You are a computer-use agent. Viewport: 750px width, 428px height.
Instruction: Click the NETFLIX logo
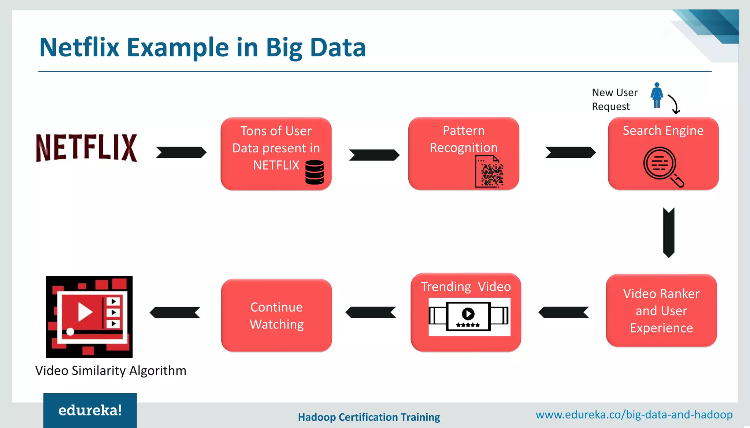point(86,148)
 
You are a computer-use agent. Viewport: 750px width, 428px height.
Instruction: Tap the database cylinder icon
point(314,172)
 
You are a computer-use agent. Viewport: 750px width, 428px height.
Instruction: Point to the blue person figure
point(657,95)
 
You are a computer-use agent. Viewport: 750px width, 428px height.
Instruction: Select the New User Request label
point(614,99)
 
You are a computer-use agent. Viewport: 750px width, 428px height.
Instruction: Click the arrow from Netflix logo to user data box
point(181,152)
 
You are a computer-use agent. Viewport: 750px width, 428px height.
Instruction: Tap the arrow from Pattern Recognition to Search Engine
point(570,152)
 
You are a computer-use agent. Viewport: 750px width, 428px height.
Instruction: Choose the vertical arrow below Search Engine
point(669,232)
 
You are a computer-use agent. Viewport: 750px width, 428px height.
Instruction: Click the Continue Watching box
point(276,315)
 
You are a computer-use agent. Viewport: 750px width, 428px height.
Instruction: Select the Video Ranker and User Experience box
point(661,310)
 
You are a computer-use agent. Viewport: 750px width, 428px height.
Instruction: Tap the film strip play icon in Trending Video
point(468,316)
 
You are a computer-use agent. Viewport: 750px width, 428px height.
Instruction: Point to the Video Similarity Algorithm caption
point(111,371)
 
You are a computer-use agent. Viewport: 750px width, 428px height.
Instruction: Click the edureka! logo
point(90,410)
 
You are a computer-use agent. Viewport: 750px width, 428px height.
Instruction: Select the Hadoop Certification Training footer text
point(369,417)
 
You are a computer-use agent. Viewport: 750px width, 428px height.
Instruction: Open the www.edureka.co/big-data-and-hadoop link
point(634,414)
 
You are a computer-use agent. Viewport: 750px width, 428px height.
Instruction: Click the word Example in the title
point(178,48)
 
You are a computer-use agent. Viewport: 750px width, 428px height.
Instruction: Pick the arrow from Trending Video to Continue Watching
point(371,312)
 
